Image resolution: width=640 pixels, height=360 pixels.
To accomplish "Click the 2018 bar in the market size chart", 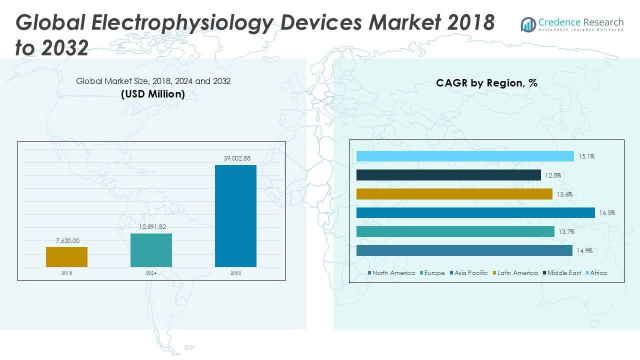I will tap(66, 257).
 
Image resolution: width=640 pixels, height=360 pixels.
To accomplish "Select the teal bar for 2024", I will tap(151, 250).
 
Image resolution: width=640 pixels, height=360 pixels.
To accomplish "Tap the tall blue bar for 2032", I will tap(235, 216).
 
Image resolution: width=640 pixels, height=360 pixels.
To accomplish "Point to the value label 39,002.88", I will tap(236, 158).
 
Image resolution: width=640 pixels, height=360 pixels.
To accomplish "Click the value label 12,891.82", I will tap(151, 227).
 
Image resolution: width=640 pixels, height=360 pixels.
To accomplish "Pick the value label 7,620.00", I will tap(67, 241).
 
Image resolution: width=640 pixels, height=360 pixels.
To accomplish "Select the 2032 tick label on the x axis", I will tap(235, 273).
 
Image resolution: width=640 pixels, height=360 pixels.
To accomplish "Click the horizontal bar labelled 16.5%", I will tap(475, 213).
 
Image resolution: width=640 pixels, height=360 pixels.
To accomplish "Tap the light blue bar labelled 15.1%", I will tap(465, 156).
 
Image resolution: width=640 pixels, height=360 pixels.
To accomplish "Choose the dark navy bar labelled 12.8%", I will tap(448, 175).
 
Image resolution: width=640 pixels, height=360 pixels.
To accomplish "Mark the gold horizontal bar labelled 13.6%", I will tap(454, 194).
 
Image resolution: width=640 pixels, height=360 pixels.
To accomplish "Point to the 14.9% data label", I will tap(584, 251).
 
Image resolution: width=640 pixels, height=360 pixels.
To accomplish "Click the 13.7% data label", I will tap(567, 232).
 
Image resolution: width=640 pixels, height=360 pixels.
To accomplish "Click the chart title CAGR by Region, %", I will tap(486, 83).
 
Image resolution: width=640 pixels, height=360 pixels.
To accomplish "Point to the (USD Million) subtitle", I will tap(153, 93).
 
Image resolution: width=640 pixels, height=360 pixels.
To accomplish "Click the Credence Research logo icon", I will tap(528, 24).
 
